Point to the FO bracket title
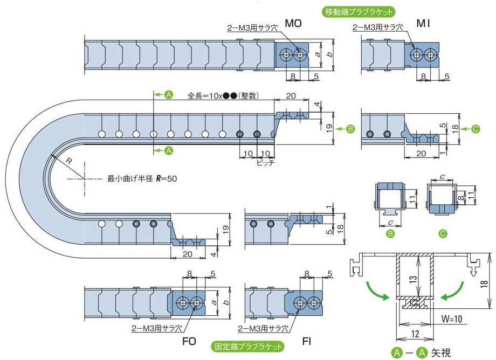189,341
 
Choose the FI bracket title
307,342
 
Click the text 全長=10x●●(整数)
224,96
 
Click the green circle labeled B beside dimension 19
350,129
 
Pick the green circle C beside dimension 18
475,129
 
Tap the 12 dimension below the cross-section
415,334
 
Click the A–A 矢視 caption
421,353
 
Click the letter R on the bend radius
69,161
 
